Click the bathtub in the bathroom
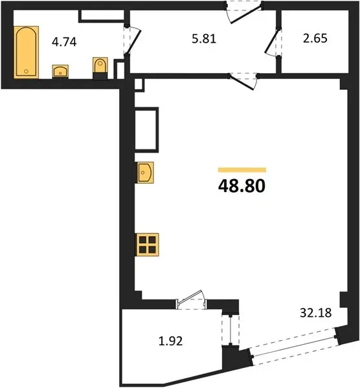[27, 52]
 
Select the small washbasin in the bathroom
[60, 71]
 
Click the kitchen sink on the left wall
[144, 173]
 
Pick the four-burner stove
[147, 244]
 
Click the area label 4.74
[64, 42]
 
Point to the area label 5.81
[204, 39]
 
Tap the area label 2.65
[315, 38]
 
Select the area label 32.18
[316, 313]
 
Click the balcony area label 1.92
[170, 341]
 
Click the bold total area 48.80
[242, 186]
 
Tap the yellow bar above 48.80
[242, 169]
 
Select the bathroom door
[132, 40]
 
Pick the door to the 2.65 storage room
[273, 42]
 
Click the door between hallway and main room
[243, 81]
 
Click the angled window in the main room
[293, 347]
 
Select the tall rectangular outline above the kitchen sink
[147, 130]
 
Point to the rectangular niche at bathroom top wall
[102, 16]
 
